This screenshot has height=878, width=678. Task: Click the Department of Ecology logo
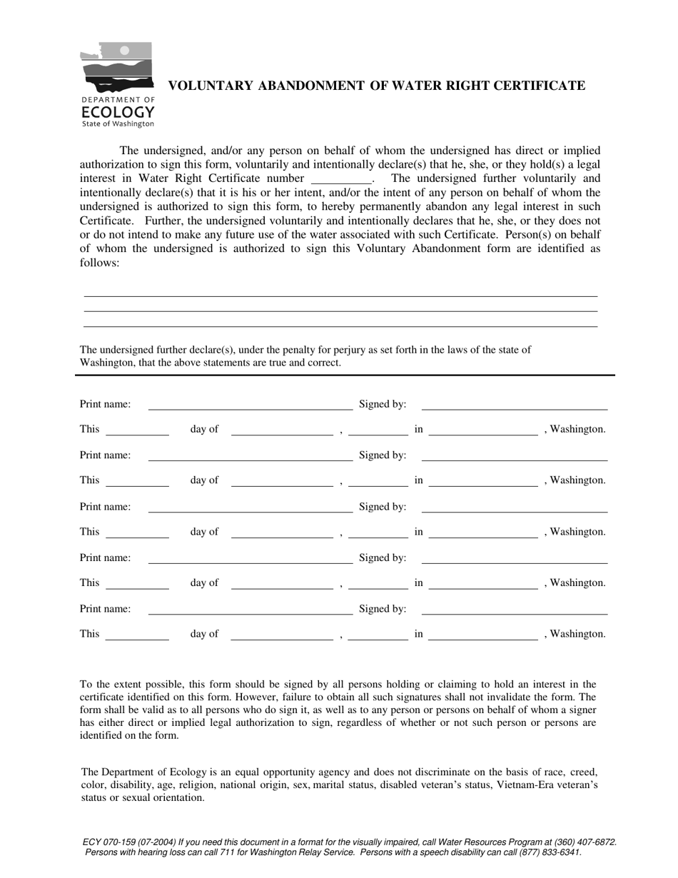click(x=117, y=84)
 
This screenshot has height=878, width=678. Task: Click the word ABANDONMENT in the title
click(x=310, y=86)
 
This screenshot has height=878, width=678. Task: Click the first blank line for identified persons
click(x=340, y=295)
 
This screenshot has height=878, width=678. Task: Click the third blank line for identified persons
click(x=340, y=326)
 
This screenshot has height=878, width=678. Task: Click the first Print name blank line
click(x=250, y=409)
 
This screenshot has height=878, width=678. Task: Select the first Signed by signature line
click(x=514, y=409)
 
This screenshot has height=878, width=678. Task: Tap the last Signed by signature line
click(x=514, y=613)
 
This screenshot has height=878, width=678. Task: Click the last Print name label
click(x=105, y=609)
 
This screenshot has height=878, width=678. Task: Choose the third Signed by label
click(x=383, y=507)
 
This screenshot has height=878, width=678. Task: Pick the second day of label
click(x=204, y=480)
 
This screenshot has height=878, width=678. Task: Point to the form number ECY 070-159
click(x=111, y=842)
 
